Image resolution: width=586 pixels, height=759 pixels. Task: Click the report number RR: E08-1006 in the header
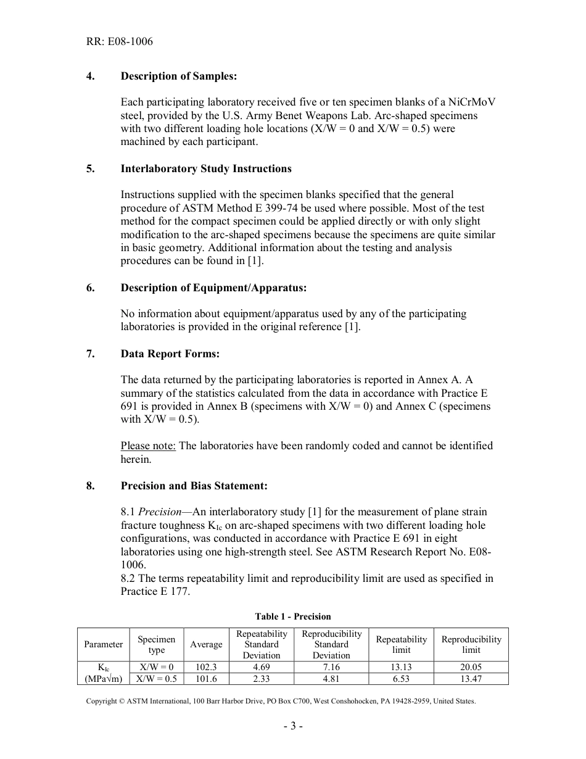point(119,42)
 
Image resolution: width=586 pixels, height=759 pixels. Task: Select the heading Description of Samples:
point(178,76)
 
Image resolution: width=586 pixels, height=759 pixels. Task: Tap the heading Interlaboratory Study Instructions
point(206,168)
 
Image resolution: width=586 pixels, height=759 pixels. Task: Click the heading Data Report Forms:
point(170,354)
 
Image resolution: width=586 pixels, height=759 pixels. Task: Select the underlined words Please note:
point(148,446)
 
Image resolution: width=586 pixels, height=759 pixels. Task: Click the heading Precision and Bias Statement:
point(194,486)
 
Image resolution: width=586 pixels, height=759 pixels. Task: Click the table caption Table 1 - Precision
point(293,616)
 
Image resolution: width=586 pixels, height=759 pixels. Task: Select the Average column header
point(206,644)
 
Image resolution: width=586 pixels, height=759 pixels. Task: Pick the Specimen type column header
point(156,644)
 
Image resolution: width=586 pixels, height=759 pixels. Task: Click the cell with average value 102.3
point(206,667)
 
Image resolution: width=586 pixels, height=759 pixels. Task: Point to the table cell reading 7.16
point(331,667)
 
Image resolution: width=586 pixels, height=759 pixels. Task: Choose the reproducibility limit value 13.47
point(471,679)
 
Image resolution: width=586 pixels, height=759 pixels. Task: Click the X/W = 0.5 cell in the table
point(156,679)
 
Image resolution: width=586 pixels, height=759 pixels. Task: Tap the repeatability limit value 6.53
point(401,679)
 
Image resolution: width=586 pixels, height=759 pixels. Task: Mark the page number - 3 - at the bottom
point(293,726)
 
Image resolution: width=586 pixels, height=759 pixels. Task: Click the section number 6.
point(90,288)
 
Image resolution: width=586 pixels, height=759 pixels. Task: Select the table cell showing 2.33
point(262,679)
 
